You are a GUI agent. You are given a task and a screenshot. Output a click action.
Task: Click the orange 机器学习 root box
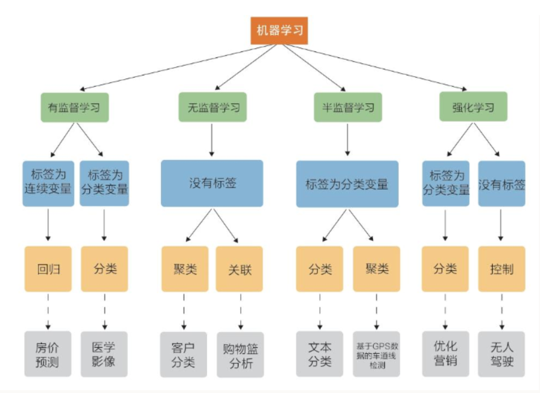(279, 31)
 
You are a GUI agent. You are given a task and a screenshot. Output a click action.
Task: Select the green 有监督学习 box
(75, 107)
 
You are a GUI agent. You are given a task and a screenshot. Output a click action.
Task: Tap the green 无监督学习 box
(212, 107)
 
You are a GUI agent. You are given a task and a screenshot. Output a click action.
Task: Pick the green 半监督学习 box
(348, 107)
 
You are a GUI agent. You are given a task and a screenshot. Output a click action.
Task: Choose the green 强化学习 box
(473, 106)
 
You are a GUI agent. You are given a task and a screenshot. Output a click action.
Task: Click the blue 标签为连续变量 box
(48, 184)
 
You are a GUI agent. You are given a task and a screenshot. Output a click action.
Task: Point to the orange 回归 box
(48, 269)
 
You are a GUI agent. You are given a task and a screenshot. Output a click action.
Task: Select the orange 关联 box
(240, 269)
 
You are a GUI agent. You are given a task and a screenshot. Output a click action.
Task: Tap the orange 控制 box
(502, 269)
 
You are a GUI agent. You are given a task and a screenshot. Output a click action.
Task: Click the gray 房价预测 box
(48, 354)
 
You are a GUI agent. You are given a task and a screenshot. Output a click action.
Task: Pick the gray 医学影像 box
(104, 354)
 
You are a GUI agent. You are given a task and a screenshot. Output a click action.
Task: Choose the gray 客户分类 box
(183, 354)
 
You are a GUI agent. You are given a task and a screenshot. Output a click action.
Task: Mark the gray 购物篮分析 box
(240, 355)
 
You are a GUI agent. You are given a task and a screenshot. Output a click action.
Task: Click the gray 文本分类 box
(320, 354)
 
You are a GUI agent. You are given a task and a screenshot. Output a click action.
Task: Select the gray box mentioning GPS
(376, 354)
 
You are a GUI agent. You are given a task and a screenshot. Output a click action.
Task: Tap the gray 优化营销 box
(446, 354)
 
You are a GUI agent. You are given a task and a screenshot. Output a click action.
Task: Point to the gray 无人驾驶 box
(502, 354)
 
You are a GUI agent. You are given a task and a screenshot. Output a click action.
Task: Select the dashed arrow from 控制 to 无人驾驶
(502, 312)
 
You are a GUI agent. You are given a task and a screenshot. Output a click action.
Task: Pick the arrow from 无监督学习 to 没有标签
(212, 140)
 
